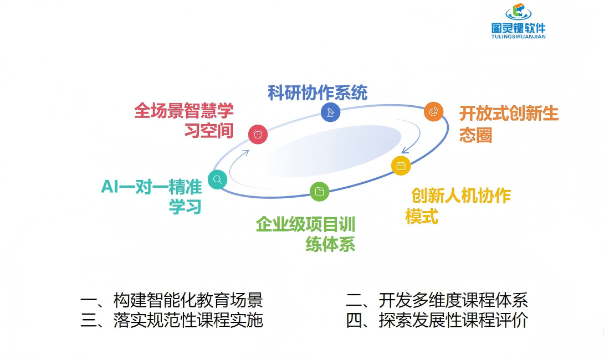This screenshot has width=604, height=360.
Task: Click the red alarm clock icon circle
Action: [x=258, y=134]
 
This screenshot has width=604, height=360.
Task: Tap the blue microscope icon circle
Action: [x=330, y=112]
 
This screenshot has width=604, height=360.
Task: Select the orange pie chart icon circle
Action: [x=433, y=111]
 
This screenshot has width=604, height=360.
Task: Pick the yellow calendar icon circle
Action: [x=401, y=166]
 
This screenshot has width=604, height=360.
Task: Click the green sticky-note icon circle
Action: [x=319, y=192]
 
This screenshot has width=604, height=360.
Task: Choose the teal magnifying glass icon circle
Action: [x=217, y=179]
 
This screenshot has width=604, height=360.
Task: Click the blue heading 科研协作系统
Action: [x=318, y=92]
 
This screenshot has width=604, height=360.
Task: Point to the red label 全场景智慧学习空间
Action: [x=184, y=120]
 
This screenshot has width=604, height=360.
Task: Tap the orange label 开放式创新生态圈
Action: [x=508, y=124]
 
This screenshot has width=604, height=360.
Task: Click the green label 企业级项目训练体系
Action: [x=306, y=234]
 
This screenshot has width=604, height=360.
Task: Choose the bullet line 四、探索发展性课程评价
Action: [x=437, y=320]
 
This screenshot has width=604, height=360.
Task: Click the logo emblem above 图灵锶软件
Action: [x=518, y=12]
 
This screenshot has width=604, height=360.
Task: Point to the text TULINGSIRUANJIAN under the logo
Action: [x=518, y=37]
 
